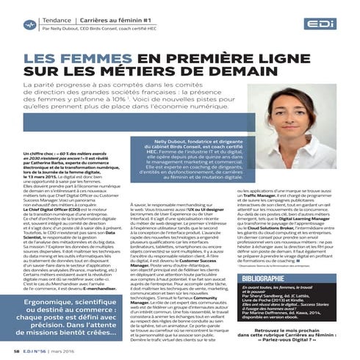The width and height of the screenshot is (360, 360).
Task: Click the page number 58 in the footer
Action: coord(15,350)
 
